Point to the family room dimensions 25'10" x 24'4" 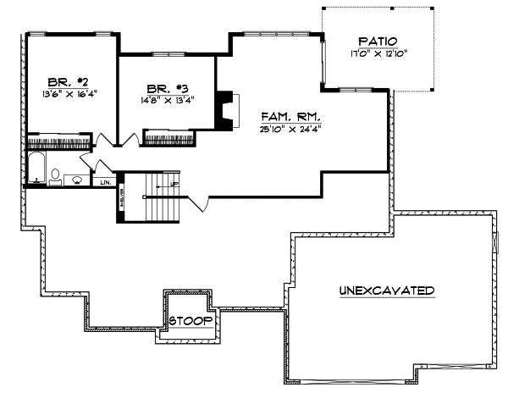pos(290,128)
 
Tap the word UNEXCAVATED pos(387,291)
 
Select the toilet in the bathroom pos(56,176)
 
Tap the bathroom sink pos(76,179)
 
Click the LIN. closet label pos(106,181)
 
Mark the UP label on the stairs pos(174,183)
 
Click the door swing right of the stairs pos(196,202)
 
